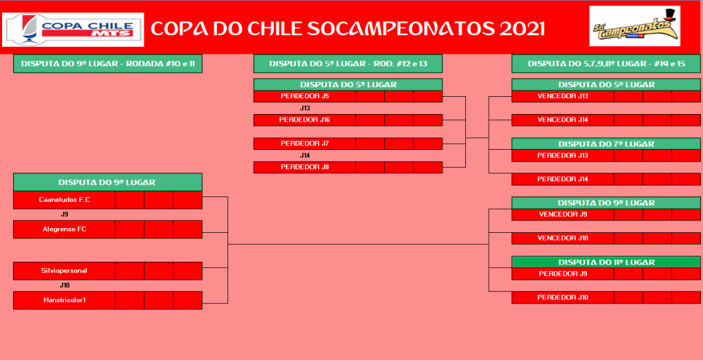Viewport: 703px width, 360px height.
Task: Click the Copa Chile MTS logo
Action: point(73,30)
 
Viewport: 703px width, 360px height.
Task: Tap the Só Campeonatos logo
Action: point(634,26)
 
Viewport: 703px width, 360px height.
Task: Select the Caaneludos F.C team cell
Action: point(65,200)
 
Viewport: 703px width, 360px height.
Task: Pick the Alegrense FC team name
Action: point(65,229)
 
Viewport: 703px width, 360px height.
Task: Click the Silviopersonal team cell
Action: point(65,271)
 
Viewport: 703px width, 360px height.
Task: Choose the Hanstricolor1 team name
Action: point(65,300)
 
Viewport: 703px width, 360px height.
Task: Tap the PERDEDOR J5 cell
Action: point(305,96)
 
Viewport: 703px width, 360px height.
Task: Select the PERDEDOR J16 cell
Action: point(305,120)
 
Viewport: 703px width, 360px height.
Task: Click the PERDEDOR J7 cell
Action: point(305,144)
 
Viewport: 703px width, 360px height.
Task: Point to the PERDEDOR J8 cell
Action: point(305,167)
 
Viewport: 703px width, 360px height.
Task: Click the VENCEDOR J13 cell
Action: point(563,96)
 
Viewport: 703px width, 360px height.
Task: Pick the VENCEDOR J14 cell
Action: point(563,120)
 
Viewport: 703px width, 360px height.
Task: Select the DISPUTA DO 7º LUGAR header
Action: point(606,144)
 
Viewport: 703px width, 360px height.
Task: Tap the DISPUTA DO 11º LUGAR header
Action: point(606,262)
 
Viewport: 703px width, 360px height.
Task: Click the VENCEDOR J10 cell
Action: point(563,238)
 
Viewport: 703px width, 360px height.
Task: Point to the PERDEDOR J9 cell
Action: point(563,273)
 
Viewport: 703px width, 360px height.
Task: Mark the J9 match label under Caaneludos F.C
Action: point(65,214)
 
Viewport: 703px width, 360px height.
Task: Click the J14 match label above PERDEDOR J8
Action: point(305,155)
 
